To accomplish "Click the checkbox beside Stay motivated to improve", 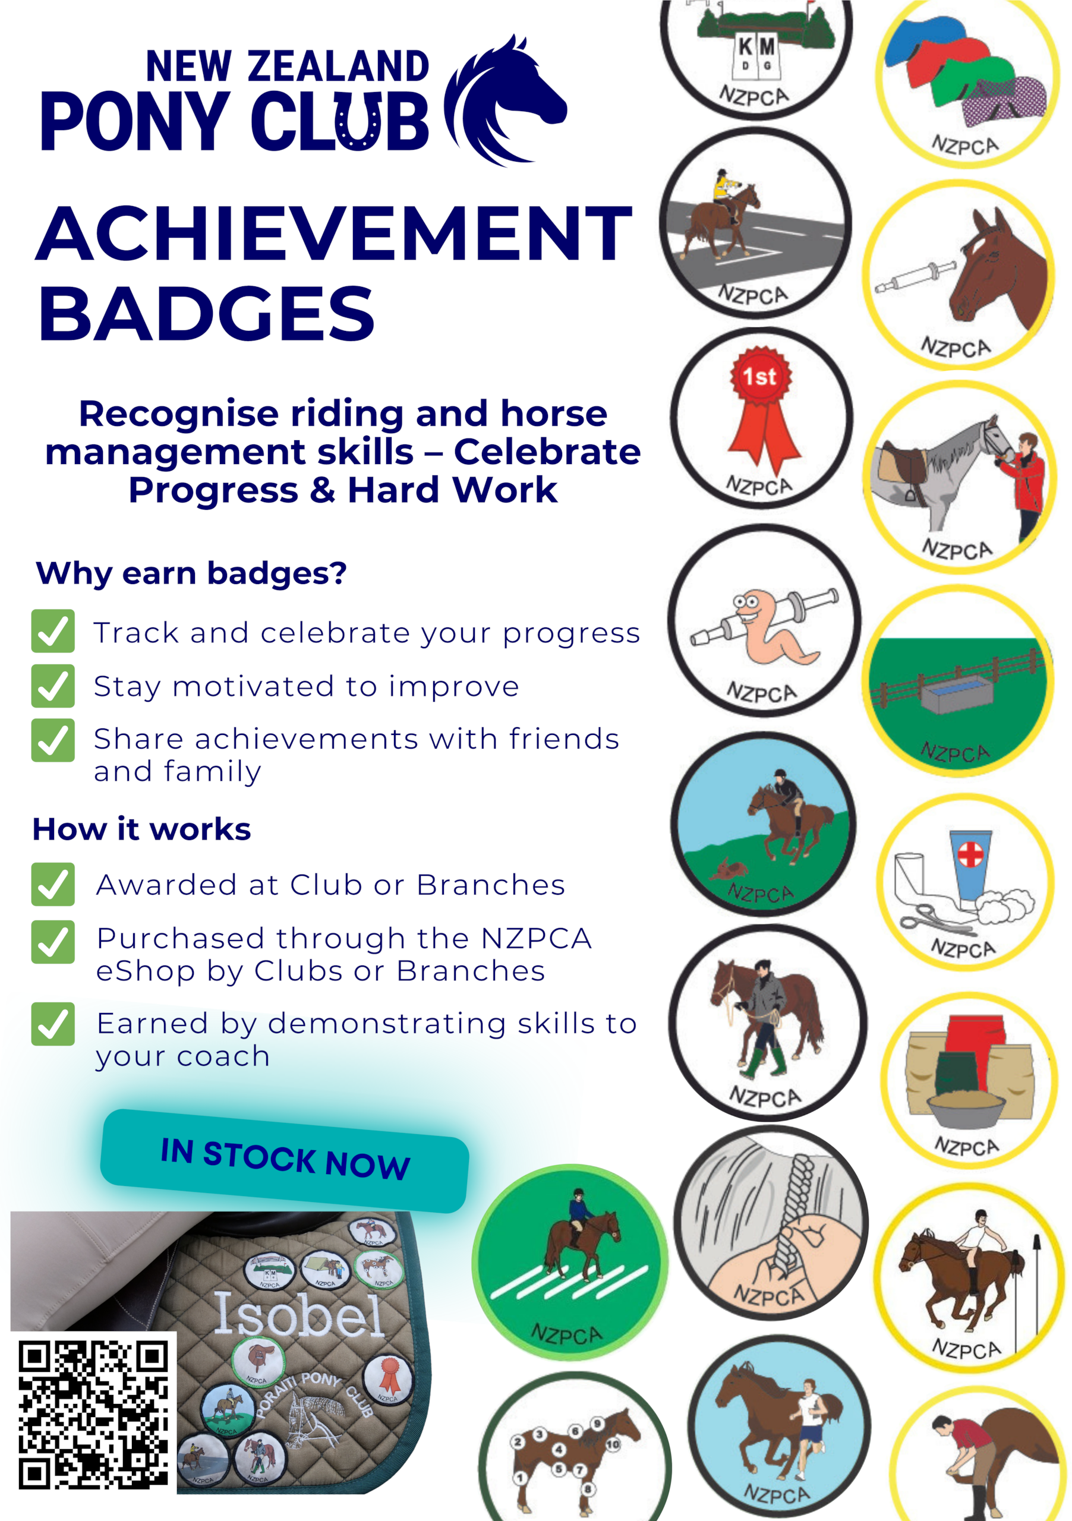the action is [x=53, y=686].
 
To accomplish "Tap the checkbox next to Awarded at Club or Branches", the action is [x=53, y=885].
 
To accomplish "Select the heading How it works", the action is [x=142, y=829].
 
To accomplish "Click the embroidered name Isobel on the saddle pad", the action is [x=299, y=1316].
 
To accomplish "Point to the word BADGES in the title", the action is [x=207, y=314].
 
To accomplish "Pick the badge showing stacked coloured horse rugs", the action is [x=968, y=83].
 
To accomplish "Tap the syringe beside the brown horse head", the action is [x=915, y=277].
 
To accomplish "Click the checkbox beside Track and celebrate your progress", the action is [x=53, y=632].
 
